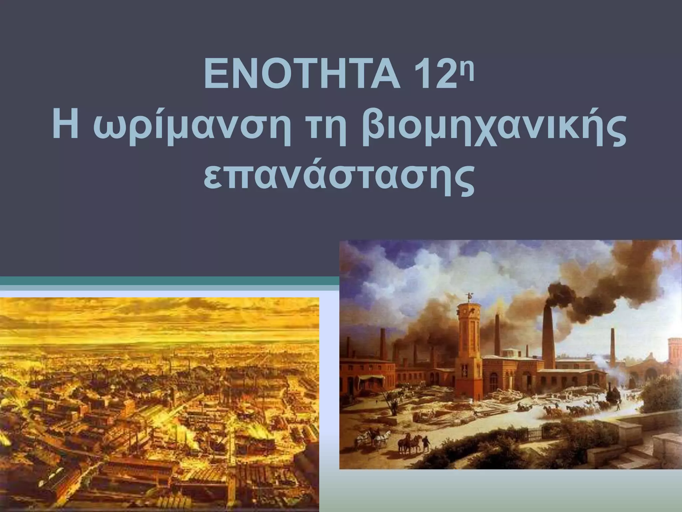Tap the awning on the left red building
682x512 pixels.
(368, 378)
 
